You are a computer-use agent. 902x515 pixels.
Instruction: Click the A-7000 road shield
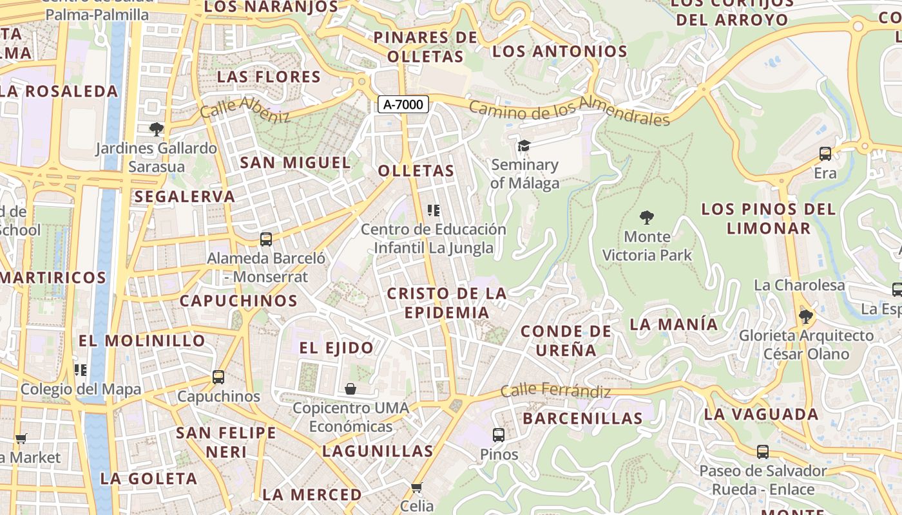pyautogui.click(x=403, y=104)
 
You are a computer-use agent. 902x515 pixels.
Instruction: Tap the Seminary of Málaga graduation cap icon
pyautogui.click(x=524, y=146)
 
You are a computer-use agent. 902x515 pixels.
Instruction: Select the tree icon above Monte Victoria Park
pyautogui.click(x=647, y=218)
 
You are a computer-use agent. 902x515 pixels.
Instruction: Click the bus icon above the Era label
pyautogui.click(x=825, y=154)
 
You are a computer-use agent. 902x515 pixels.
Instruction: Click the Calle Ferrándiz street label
pyautogui.click(x=555, y=390)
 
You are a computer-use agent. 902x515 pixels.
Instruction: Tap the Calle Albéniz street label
pyautogui.click(x=245, y=109)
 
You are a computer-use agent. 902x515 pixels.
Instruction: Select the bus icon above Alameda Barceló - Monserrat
pyautogui.click(x=266, y=239)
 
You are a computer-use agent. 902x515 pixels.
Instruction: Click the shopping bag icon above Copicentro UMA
pyautogui.click(x=350, y=389)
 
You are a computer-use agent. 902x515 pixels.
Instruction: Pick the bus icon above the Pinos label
pyautogui.click(x=499, y=435)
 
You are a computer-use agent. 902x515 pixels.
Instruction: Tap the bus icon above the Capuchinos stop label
pyautogui.click(x=218, y=377)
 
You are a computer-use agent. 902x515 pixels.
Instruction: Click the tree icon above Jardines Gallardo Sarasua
pyautogui.click(x=156, y=129)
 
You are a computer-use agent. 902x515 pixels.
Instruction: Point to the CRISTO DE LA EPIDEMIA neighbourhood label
pyautogui.click(x=446, y=303)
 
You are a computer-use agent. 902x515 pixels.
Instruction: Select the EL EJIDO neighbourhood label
pyautogui.click(x=336, y=348)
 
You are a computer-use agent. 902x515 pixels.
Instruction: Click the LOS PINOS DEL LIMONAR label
pyautogui.click(x=769, y=218)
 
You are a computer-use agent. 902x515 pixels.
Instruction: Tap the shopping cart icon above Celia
pyautogui.click(x=417, y=487)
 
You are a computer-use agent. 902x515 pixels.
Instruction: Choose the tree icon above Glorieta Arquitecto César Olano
pyautogui.click(x=805, y=316)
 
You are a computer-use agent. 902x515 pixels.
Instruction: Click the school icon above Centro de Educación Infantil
pyautogui.click(x=434, y=211)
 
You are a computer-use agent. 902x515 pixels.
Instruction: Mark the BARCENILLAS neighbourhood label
pyautogui.click(x=582, y=418)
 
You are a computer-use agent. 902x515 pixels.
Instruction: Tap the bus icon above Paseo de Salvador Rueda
pyautogui.click(x=763, y=452)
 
